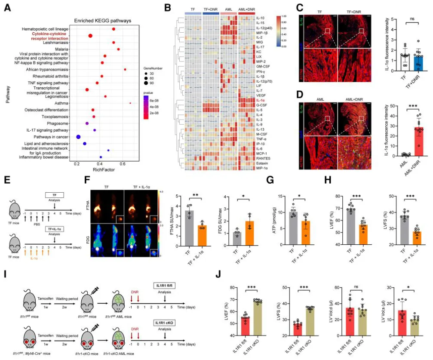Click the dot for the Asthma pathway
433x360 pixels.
point(130,103)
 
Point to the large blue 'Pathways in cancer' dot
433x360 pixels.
point(79,137)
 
